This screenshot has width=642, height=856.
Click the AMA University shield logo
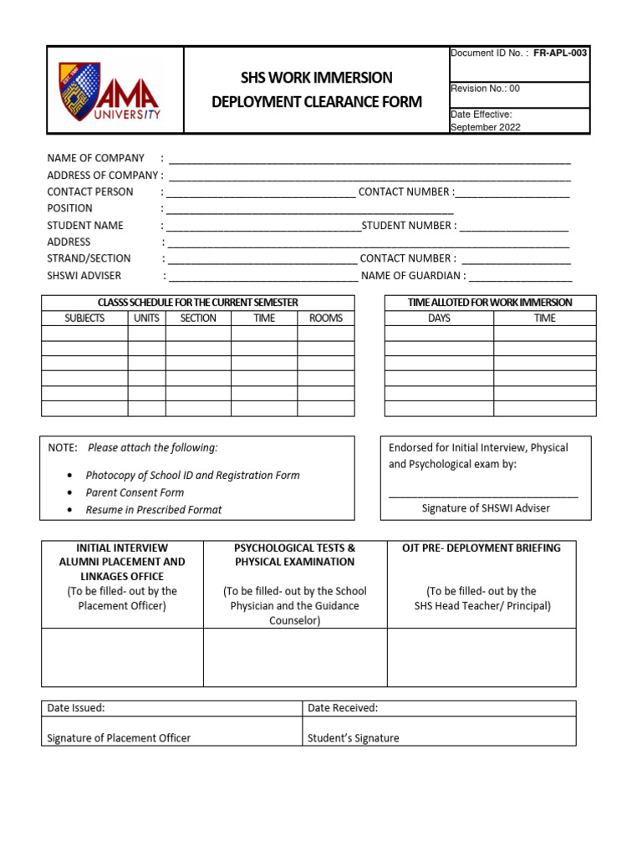click(x=79, y=89)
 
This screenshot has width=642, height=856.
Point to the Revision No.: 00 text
click(x=485, y=89)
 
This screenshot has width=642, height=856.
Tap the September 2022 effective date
click(x=485, y=127)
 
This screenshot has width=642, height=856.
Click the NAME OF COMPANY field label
click(x=95, y=158)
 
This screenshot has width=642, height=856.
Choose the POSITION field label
click(x=69, y=208)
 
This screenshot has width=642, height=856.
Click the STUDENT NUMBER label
click(x=409, y=226)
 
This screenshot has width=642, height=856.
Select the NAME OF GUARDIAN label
click(x=413, y=276)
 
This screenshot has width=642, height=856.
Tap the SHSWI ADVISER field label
click(x=84, y=276)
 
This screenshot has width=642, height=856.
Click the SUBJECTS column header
click(x=84, y=318)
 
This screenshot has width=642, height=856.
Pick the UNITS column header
click(x=146, y=318)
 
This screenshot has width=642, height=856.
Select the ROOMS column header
click(x=326, y=318)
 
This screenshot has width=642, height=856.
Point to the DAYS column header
click(x=439, y=318)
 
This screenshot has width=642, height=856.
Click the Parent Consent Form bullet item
click(x=135, y=492)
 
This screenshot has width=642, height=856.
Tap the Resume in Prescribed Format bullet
click(x=154, y=510)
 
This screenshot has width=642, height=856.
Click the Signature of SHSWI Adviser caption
click(x=486, y=508)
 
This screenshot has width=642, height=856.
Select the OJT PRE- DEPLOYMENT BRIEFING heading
click(x=481, y=548)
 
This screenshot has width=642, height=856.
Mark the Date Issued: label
click(x=76, y=708)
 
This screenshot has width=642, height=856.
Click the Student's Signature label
click(x=353, y=738)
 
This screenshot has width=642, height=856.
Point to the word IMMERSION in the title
click(x=354, y=78)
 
